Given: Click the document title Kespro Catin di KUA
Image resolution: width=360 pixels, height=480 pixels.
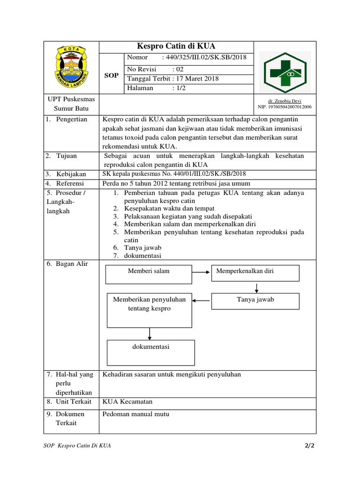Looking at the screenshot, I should pos(175,46).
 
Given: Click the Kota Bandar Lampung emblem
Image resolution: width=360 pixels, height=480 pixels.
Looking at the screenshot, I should pos(71,67).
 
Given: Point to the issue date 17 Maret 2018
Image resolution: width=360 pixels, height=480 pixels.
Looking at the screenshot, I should pos(196,78).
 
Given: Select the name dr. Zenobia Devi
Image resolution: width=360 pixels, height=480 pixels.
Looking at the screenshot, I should pos(285,101).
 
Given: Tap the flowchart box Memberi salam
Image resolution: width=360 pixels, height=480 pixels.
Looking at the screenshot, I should pos(148,274).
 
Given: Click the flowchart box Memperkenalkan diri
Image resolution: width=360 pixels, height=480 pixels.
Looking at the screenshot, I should pos(255,273).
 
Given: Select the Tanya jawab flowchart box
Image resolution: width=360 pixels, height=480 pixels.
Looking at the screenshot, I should pos(255,301).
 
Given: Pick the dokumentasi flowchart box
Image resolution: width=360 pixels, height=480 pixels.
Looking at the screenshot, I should pos(150,352).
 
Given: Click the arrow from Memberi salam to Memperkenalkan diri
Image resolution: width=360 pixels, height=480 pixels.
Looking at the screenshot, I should pos(201,271).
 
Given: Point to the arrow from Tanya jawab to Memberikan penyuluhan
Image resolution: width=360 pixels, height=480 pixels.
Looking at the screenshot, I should pos(201,300).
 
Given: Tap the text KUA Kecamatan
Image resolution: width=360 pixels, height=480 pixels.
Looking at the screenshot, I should pos(127,402).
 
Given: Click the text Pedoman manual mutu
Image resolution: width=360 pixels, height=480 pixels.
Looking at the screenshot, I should pos(136,414).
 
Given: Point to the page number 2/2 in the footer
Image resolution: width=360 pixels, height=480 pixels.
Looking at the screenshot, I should pos(309,446).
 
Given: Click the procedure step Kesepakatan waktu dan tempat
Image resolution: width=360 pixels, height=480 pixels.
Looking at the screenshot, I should pos(169,208).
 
